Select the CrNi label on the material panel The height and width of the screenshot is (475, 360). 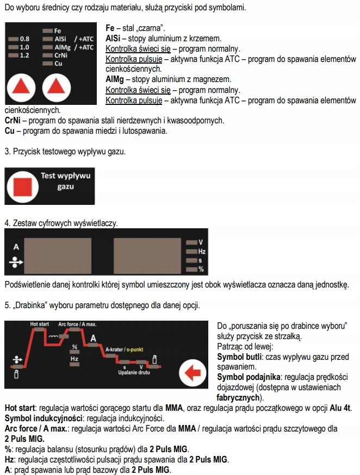61,55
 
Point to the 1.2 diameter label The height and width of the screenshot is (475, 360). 24,55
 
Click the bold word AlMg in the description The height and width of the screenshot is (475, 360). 115,79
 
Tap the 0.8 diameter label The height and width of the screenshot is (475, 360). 24,39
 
